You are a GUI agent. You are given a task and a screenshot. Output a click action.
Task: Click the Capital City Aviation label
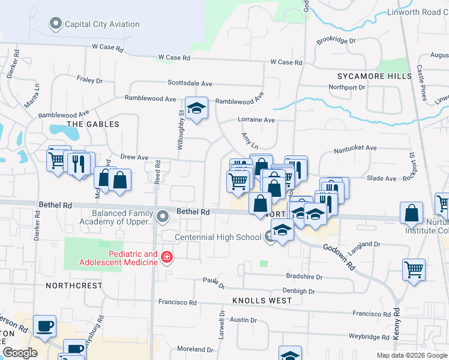101,25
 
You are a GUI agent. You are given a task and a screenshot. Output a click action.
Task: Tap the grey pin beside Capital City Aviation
56,25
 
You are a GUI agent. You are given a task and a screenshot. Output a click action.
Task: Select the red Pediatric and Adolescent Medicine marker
167,259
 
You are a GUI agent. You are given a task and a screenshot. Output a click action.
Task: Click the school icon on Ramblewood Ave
196,109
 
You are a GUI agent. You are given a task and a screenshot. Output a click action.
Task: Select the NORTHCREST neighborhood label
74,286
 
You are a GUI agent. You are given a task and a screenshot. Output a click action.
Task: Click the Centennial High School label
218,237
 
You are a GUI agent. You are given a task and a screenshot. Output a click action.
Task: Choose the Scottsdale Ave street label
190,83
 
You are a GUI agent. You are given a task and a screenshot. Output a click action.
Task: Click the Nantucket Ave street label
355,148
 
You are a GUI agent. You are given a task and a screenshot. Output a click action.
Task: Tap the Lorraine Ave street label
256,120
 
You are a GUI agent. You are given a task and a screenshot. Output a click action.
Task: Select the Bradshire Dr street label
304,277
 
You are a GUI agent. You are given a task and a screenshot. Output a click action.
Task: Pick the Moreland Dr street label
195,349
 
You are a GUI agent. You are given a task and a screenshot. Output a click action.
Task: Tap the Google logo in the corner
20,353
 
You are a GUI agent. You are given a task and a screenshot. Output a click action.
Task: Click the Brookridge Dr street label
336,41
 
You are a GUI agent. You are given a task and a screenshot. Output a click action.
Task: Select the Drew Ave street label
134,157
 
